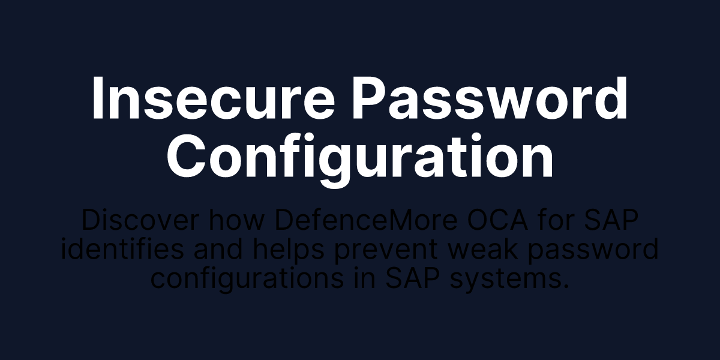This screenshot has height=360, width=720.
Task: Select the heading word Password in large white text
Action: coord(490,100)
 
